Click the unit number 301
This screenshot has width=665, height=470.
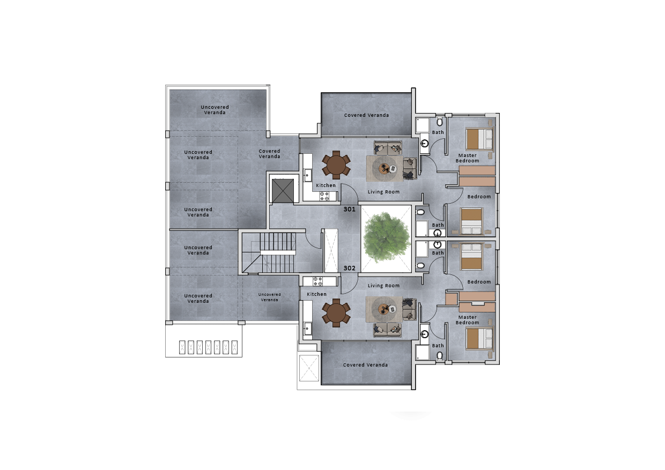click(x=349, y=210)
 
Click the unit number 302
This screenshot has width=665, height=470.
click(x=349, y=268)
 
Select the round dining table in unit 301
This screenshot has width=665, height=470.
click(x=336, y=166)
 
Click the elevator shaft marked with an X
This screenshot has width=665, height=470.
click(x=283, y=190)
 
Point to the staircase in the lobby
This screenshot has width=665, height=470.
click(x=277, y=252)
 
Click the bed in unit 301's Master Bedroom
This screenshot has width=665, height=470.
click(x=479, y=139)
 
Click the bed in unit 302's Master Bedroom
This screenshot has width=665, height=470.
click(x=479, y=338)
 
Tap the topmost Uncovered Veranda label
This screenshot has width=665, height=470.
click(x=215, y=110)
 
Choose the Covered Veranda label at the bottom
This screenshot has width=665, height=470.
click(x=365, y=365)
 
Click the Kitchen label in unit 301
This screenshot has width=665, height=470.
click(x=326, y=185)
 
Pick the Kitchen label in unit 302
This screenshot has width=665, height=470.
click(x=316, y=294)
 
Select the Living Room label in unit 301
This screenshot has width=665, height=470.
click(x=383, y=192)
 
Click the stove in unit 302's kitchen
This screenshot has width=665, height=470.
click(x=317, y=280)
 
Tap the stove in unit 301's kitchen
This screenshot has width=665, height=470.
click(x=324, y=196)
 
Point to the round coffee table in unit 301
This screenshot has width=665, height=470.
click(x=386, y=168)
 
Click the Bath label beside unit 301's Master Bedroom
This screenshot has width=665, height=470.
click(x=438, y=132)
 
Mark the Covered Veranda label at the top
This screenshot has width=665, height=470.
click(x=366, y=115)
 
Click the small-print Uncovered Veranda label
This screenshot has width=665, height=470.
click(x=269, y=297)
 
